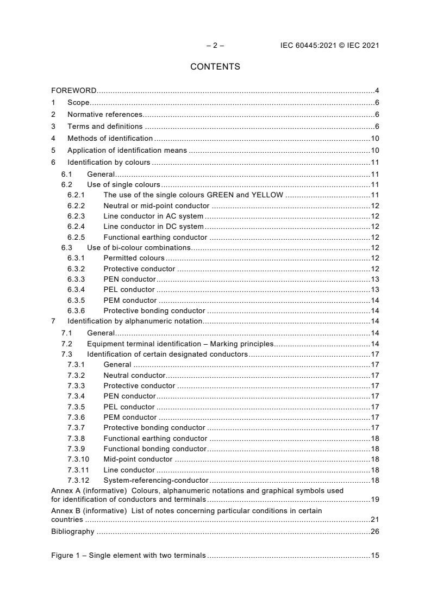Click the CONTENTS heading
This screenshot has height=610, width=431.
coord(215,67)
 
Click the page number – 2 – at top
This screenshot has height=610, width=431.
coord(215,46)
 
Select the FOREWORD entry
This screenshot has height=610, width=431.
coord(74,90)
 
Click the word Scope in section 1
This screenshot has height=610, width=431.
coord(78,103)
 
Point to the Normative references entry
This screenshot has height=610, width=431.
coord(104,115)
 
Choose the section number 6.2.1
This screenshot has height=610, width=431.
coord(76,195)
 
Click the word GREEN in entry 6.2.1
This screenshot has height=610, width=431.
coord(221,195)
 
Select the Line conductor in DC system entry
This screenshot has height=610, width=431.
coord(153,227)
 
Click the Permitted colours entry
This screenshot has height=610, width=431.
coord(134,258)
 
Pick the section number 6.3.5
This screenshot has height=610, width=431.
coord(76,301)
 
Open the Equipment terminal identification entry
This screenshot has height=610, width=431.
coord(179,344)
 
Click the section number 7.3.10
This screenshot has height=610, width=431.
coord(78,459)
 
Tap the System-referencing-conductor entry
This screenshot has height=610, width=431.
coord(155,481)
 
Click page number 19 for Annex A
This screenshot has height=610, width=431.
coord(374,499)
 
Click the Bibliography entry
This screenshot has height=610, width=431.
coord(72,532)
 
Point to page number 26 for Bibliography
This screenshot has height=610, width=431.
coord(374,532)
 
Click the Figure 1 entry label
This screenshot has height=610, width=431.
coord(128,556)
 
